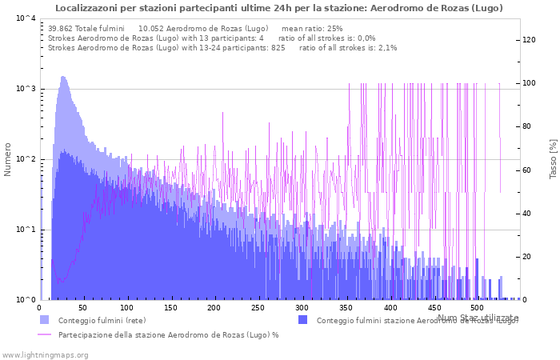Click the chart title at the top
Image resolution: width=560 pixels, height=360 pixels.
279,8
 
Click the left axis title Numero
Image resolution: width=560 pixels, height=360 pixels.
8,159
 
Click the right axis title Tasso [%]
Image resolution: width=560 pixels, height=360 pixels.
553,158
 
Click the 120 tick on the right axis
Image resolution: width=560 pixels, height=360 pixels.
529,40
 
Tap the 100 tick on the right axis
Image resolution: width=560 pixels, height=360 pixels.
529,83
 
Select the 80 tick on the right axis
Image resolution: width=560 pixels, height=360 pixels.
527,126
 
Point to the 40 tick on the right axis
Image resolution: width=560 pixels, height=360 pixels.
527,214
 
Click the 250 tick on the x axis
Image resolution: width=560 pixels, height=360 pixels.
258,307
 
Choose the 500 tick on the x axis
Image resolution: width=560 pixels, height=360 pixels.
477,307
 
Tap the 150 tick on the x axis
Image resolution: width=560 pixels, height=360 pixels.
170,307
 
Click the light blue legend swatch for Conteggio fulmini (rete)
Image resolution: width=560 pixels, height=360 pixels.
44,320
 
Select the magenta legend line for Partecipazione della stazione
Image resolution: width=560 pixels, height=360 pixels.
44,334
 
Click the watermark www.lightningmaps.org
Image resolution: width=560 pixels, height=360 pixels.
45,354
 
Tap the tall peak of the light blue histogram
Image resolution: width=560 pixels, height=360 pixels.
63,78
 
